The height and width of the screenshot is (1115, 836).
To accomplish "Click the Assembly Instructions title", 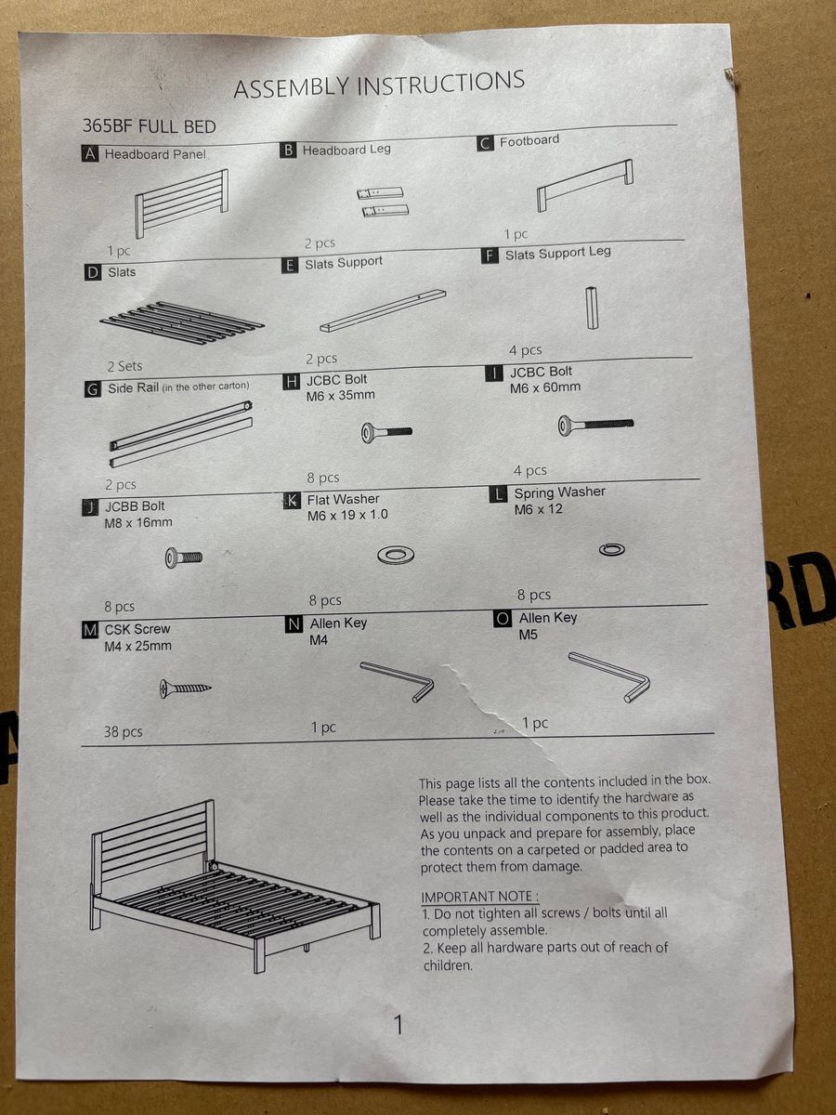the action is (x=379, y=85).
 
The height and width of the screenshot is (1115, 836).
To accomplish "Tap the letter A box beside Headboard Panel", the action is (x=90, y=153).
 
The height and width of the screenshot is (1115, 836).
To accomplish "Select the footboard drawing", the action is (x=585, y=186).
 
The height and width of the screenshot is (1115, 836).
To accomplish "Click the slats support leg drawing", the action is (x=592, y=308).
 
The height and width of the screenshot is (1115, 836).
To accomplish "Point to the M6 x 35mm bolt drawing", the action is (x=386, y=433).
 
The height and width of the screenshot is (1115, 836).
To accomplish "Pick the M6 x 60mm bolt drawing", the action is (x=595, y=425).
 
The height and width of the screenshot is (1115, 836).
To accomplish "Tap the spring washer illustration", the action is (x=611, y=549).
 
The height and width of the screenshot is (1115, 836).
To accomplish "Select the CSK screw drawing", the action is (x=185, y=689).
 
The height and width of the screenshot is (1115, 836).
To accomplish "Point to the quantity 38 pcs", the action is (x=123, y=731).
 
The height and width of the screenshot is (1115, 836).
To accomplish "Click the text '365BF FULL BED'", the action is (x=150, y=126).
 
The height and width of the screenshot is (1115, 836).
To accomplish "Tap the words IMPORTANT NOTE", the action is (x=479, y=897).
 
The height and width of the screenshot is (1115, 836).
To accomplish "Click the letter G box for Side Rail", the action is (x=92, y=389).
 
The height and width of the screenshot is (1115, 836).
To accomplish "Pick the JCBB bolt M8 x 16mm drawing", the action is (x=183, y=557).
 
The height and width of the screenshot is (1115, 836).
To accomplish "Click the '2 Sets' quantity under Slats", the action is (x=124, y=366).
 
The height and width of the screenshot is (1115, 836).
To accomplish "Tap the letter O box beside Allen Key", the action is (x=502, y=619).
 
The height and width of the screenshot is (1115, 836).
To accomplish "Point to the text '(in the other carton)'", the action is (x=205, y=386).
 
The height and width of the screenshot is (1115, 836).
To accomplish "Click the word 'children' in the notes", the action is (x=448, y=964).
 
